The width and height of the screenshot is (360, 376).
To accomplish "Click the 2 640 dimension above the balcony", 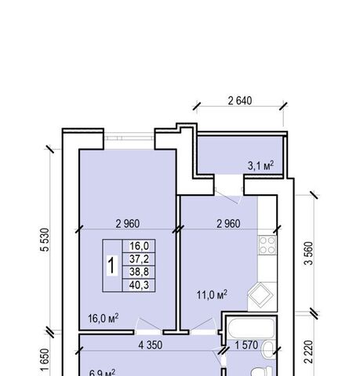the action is coord(240,101).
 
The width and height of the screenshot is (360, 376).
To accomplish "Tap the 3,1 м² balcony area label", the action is coord(260,165).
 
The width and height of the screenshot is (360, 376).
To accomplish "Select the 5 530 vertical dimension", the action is coord(45,240).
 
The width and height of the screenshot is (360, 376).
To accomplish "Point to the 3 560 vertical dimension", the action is coord(308,253).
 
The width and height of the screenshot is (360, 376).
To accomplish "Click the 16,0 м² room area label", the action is coord(104,318).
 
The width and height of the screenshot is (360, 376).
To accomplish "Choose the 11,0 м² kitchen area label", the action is coord(212,295).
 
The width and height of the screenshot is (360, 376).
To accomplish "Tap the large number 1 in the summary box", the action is coord(112,266).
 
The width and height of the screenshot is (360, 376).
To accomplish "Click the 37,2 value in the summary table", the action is coord(139,259).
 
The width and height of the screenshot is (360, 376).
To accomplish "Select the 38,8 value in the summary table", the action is coord(139,272).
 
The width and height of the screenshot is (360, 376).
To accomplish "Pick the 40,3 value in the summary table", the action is coord(139,285).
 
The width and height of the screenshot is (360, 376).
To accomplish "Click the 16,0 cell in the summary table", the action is coord(139,246).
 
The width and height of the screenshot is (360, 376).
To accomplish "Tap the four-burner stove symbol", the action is coord(267,245).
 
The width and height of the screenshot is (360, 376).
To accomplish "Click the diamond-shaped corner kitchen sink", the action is coord(260,295).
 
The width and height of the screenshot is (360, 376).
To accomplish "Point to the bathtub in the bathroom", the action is coord(252,327).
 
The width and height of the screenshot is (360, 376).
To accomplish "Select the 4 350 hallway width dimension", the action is coord(151,345).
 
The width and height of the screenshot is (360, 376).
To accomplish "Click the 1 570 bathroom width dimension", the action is coord(246,345).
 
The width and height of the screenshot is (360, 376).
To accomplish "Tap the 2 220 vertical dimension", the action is coord(308,352).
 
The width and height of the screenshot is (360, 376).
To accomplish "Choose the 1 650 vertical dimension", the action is coord(45,360).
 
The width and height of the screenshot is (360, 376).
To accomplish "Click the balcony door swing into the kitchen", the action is coord(227,196).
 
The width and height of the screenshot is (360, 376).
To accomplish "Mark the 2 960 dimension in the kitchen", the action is coord(228,224).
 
